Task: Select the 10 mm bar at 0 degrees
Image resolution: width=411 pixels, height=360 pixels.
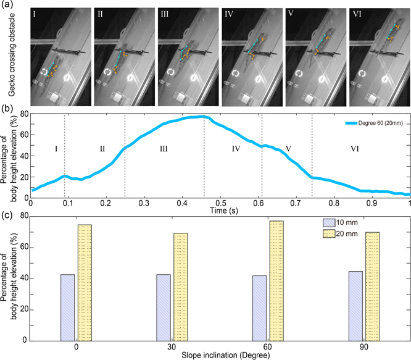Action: [67, 307]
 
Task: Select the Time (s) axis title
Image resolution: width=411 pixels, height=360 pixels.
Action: [220, 210]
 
